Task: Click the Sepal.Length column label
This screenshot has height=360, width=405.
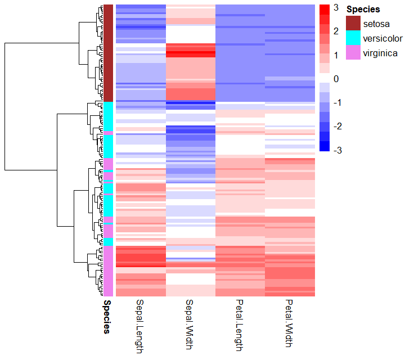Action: [141, 327]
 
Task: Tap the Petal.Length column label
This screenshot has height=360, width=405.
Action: [240, 326]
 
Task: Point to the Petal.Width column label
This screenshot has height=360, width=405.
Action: [289, 324]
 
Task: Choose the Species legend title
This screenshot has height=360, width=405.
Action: [363, 10]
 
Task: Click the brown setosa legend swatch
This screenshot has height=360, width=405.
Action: [353, 23]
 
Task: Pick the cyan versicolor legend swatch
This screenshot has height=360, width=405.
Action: [353, 38]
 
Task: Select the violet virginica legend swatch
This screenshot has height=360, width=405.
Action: [353, 53]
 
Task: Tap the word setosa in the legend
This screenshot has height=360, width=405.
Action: [376, 24]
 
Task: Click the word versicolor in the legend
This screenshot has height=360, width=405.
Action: [382, 38]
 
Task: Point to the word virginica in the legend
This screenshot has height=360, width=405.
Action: [380, 53]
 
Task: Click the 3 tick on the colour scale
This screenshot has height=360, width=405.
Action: [336, 8]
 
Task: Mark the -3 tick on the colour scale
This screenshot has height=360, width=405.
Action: [336, 150]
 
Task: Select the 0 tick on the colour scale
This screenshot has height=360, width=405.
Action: [336, 79]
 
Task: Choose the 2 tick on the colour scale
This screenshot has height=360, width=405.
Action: [336, 31]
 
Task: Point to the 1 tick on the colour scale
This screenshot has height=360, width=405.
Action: [336, 55]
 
